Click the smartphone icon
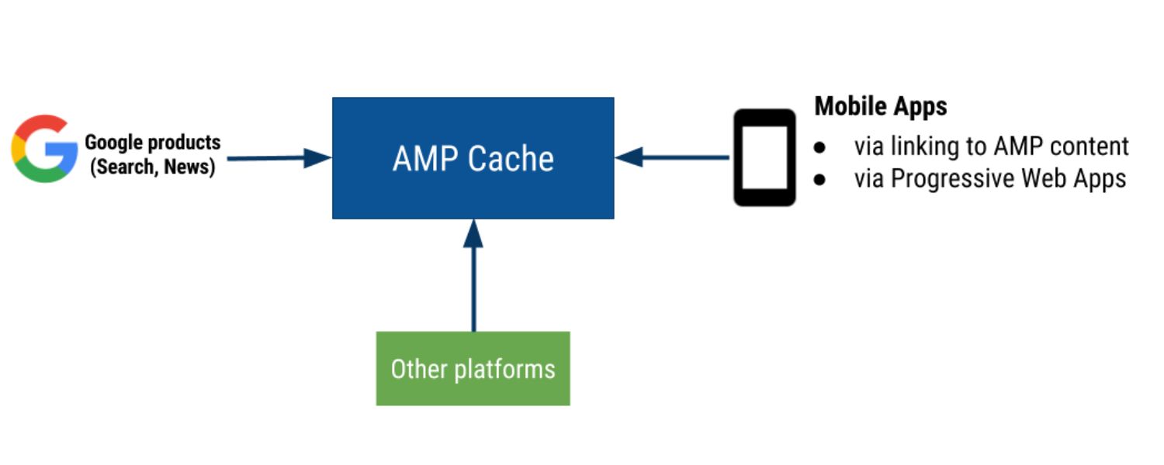pyautogui.click(x=764, y=157)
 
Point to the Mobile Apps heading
pyautogui.click(x=881, y=106)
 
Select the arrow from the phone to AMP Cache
pyautogui.click(x=672, y=157)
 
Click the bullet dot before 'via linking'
pyautogui.click(x=820, y=146)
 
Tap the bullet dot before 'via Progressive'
pyautogui.click(x=820, y=179)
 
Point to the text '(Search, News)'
pyautogui.click(x=152, y=166)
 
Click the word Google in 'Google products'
pyautogui.click(x=114, y=143)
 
